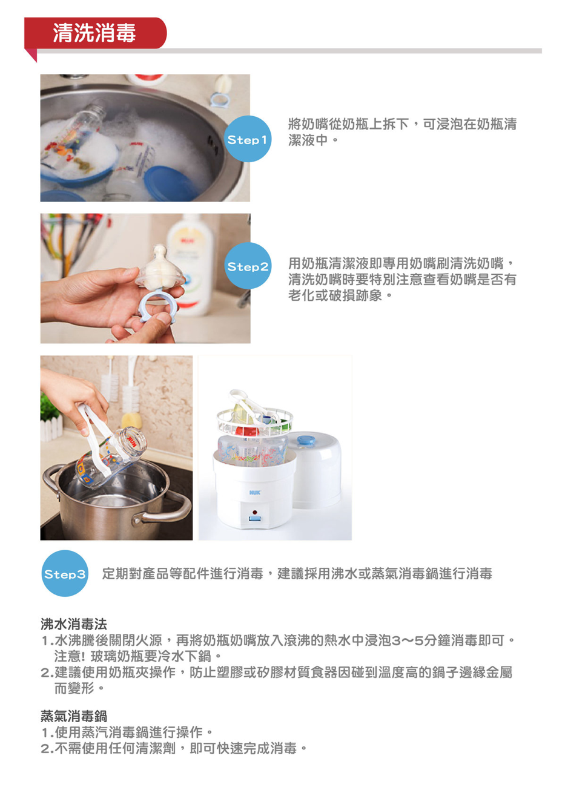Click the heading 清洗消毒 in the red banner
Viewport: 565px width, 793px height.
click(94, 33)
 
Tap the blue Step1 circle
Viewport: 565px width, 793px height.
click(248, 139)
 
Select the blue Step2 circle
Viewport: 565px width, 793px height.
click(248, 266)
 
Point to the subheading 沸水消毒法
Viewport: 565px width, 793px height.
click(74, 624)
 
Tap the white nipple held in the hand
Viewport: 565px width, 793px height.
click(160, 266)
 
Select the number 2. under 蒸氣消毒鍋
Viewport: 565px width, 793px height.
click(47, 749)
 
